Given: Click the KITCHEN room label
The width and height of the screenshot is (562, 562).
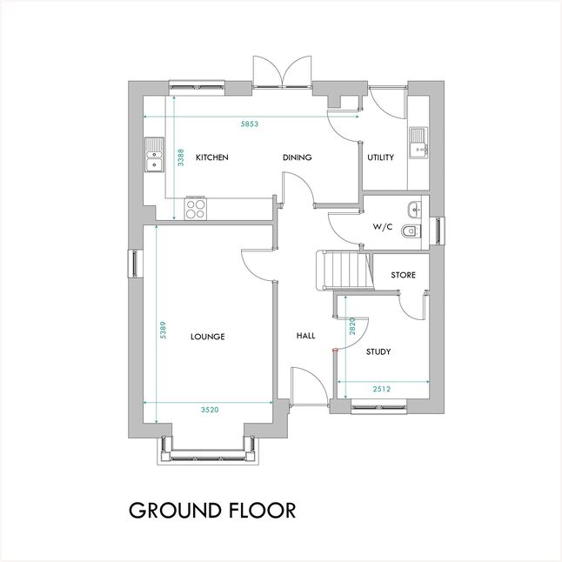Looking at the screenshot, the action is [x=211, y=157].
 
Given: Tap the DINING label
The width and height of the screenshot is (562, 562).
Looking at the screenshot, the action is [x=298, y=157].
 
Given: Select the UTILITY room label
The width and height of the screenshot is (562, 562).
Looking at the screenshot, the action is [x=381, y=157].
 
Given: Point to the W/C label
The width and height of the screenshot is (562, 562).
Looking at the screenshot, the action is [x=383, y=227].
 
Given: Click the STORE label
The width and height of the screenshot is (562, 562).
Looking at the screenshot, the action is [x=403, y=275].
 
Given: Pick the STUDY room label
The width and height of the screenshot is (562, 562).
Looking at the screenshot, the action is [x=378, y=351].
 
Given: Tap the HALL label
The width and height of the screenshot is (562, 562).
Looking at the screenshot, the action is [x=305, y=336].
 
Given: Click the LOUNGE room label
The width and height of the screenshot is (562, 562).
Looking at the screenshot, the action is [x=208, y=337].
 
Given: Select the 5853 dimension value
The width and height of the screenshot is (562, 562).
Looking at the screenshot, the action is [x=250, y=124].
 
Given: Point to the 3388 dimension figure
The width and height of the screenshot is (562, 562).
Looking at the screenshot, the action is [x=181, y=157].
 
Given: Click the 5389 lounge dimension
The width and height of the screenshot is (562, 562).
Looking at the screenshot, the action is [x=163, y=330].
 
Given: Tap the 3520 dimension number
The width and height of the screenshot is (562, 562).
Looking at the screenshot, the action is [x=210, y=410].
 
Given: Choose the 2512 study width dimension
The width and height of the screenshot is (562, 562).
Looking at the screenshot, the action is [x=381, y=389].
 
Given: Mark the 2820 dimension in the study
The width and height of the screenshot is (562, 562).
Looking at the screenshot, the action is [x=352, y=326].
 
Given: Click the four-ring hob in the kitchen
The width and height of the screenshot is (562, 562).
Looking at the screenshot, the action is [x=196, y=209].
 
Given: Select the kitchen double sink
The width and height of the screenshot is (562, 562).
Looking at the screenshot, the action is [x=154, y=155].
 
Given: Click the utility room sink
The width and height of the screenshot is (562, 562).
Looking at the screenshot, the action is [x=418, y=143].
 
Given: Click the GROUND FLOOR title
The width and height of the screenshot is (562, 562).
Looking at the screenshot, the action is [x=212, y=511].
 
